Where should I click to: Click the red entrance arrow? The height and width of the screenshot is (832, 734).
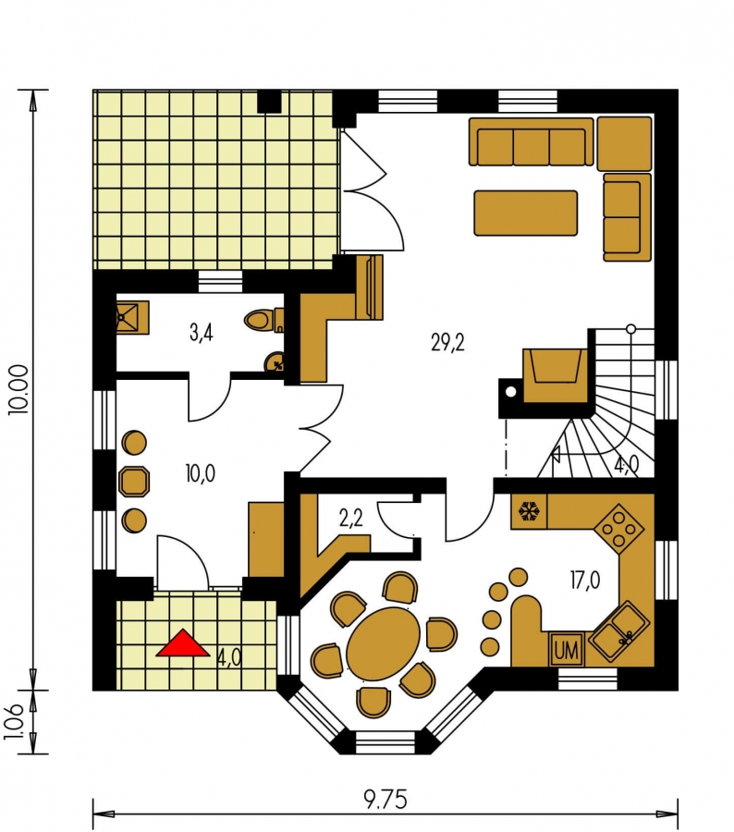[182, 644]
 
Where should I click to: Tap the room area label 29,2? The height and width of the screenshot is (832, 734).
[448, 343]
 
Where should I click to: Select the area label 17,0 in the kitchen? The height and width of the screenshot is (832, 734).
[585, 581]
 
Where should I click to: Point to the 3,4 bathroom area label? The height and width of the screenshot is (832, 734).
[202, 333]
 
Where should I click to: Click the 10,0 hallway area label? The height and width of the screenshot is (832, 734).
[200, 472]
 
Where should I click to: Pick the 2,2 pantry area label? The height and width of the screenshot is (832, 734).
[350, 518]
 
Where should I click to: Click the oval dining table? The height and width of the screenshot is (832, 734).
[384, 643]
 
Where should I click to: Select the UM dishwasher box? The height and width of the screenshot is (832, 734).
[567, 650]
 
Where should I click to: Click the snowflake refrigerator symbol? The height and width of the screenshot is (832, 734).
[529, 511]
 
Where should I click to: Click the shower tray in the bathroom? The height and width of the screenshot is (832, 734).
[133, 317]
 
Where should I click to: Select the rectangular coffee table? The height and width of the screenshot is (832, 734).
[525, 213]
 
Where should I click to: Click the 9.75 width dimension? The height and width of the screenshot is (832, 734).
[385, 800]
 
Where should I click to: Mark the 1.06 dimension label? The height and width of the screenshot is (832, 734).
[15, 722]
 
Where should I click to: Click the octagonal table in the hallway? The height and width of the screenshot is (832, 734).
[134, 482]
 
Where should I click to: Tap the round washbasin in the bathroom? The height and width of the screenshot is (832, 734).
[275, 363]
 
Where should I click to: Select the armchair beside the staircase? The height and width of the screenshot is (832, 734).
[556, 374]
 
